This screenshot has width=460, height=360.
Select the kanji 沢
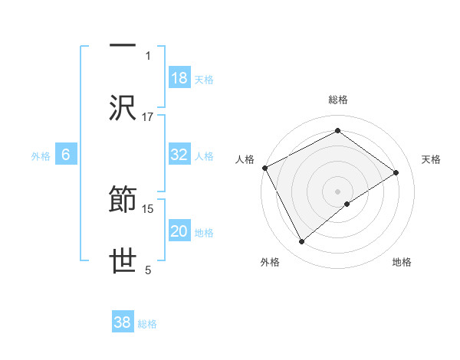(123, 107)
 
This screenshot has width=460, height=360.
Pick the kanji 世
(123, 262)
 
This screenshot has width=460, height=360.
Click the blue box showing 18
(179, 77)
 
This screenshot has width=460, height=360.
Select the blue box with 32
(179, 155)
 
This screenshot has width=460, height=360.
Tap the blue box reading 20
(179, 231)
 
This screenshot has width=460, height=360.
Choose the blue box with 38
(123, 322)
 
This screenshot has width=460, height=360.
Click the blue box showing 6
(66, 155)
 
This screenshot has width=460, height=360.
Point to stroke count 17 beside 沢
(148, 117)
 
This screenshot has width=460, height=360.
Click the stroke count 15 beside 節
(148, 208)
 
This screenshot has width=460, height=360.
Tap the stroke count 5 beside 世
(148, 270)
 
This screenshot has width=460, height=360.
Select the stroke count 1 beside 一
(148, 55)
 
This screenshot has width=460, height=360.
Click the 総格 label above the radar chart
(337, 100)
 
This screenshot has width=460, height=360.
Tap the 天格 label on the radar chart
(431, 159)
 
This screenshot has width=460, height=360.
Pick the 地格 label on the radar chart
(402, 263)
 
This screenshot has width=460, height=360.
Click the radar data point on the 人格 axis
(264, 167)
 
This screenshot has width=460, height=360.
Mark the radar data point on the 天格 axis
(396, 172)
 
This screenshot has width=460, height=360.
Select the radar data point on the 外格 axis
(301, 242)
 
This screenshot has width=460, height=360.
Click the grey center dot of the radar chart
(337, 191)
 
